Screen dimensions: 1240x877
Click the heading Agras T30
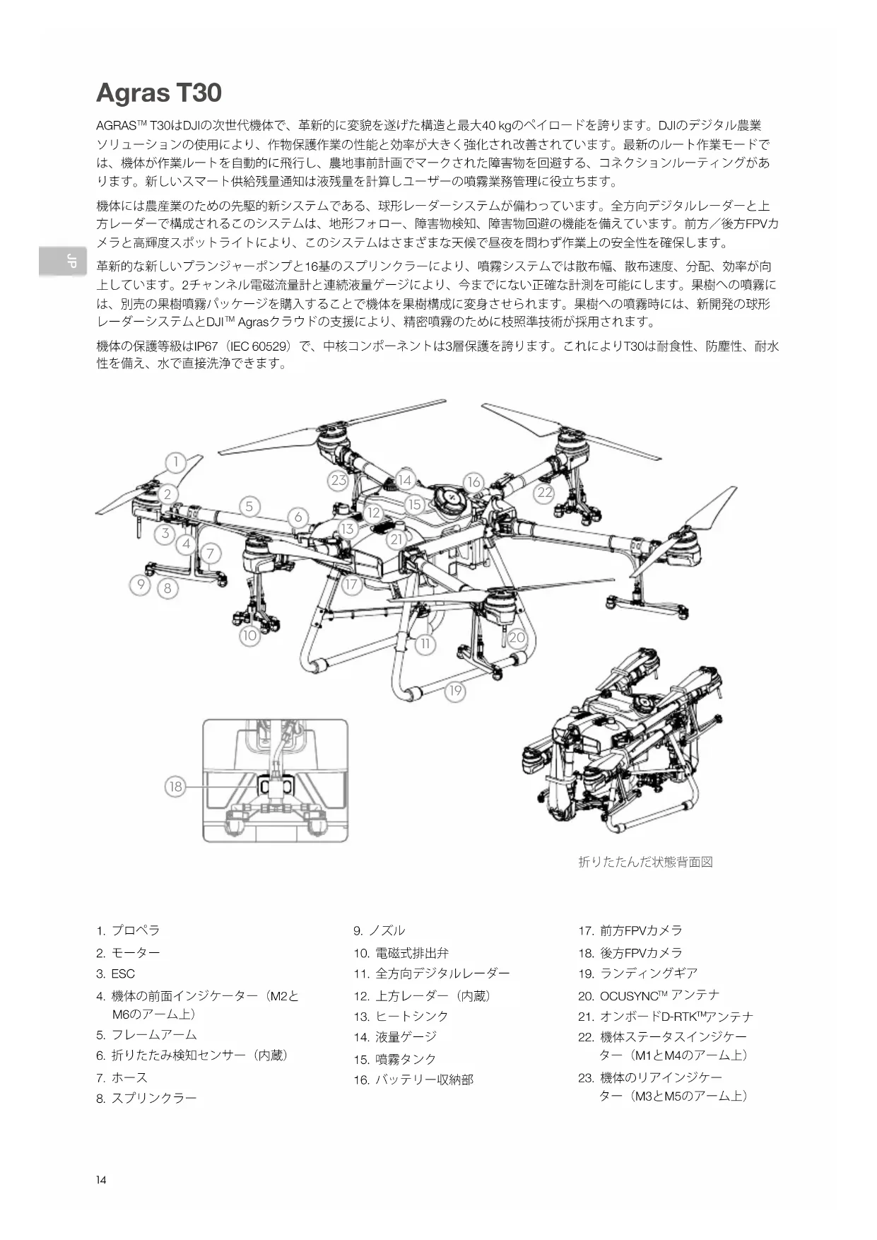pyautogui.click(x=159, y=93)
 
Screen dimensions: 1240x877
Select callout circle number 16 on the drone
pyautogui.click(x=473, y=482)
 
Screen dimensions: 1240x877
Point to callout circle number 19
pyautogui.click(x=455, y=691)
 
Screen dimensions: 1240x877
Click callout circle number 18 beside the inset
pyautogui.click(x=175, y=786)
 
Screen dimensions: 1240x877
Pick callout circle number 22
pyautogui.click(x=544, y=493)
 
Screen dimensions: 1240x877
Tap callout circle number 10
pyautogui.click(x=249, y=636)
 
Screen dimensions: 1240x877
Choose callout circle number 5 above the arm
pyautogui.click(x=249, y=506)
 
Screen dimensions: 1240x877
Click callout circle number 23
pyautogui.click(x=339, y=480)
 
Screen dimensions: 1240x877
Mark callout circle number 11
pyautogui.click(x=425, y=644)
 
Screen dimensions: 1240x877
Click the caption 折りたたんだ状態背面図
pyautogui.click(x=645, y=862)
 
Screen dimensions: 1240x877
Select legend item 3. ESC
pyautogui.click(x=116, y=973)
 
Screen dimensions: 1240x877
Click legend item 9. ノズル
pyautogui.click(x=379, y=930)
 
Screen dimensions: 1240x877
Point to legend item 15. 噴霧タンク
pyautogui.click(x=395, y=1059)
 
